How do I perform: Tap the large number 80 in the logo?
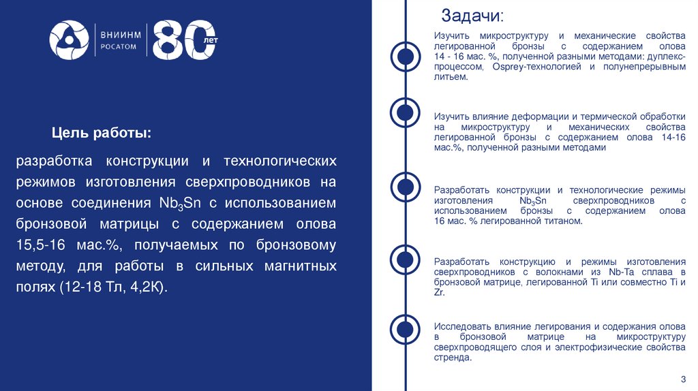point(179,41)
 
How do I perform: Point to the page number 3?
point(683,379)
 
